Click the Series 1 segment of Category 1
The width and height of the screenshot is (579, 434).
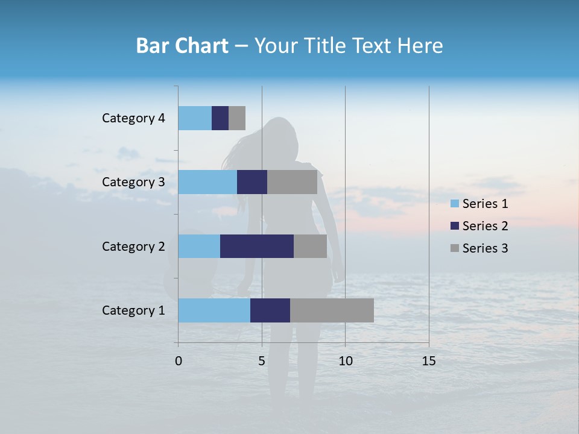(x=214, y=310)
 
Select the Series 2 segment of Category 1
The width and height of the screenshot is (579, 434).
(x=270, y=310)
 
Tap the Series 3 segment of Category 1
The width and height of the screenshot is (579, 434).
(x=332, y=310)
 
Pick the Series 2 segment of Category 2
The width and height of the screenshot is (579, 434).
(x=257, y=246)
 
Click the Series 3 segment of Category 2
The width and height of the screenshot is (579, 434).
(x=310, y=246)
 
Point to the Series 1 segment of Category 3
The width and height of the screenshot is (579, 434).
(x=207, y=182)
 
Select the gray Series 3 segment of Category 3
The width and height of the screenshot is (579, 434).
(x=292, y=182)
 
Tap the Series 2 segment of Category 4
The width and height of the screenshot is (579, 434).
(x=220, y=118)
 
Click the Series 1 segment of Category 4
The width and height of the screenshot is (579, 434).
(x=195, y=118)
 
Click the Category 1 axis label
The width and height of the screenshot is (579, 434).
(x=133, y=310)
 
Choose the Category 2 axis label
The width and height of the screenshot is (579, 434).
(x=133, y=247)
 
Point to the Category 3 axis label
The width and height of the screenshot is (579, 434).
(x=133, y=182)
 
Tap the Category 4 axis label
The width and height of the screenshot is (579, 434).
(x=133, y=118)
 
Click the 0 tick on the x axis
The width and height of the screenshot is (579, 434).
(x=179, y=361)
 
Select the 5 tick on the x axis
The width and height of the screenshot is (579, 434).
(x=262, y=361)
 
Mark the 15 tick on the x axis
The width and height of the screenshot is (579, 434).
(x=428, y=361)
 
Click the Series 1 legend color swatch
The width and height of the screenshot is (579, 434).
(x=454, y=204)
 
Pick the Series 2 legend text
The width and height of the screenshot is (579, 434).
(x=485, y=226)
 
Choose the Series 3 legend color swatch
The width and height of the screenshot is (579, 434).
(x=454, y=248)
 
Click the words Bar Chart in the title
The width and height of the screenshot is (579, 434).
(x=182, y=46)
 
